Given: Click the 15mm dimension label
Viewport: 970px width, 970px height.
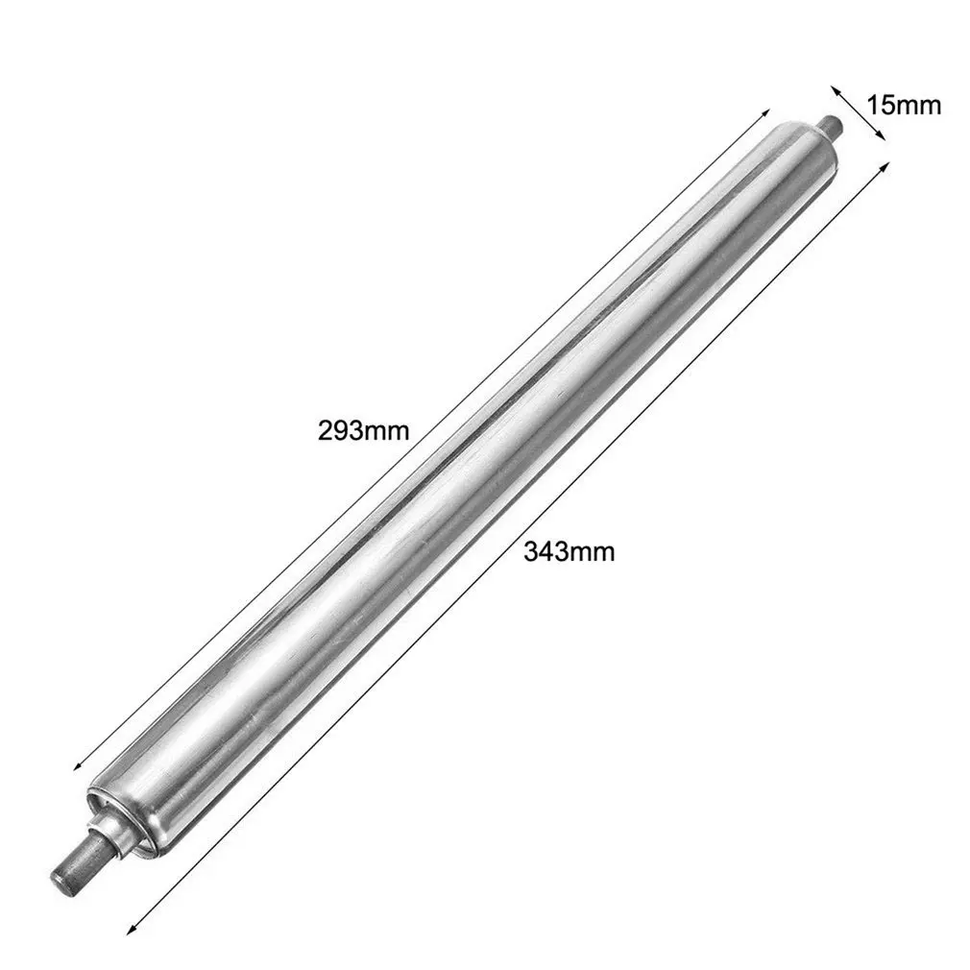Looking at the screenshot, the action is [903, 106].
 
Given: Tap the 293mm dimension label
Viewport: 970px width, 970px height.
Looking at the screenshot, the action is [364, 430].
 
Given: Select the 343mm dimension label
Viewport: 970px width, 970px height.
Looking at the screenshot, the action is [570, 551].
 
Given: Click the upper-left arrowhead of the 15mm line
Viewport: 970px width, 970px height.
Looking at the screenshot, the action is [837, 91].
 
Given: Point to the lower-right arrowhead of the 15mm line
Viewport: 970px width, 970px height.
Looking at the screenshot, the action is [880, 134].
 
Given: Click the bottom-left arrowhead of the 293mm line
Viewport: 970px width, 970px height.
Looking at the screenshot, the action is [79, 764].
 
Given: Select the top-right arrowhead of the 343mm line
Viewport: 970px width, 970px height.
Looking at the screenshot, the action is [884, 168].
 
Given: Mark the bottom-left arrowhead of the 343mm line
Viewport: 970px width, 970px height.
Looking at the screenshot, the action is [133, 928].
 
